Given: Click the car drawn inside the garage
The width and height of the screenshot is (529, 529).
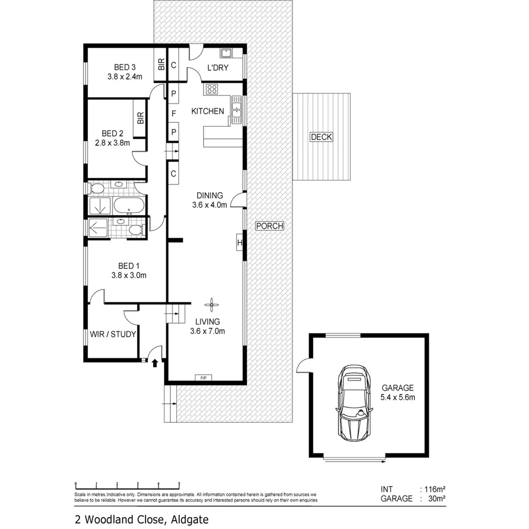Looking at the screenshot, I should pos(353,403).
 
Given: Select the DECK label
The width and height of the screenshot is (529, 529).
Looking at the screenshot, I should pos(321,137).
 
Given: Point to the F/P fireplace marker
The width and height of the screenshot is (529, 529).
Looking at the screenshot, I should pos(203,378).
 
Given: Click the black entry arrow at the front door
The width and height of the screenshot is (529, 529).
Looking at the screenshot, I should pos(155,363).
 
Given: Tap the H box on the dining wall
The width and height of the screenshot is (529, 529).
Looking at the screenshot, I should pos(240,243).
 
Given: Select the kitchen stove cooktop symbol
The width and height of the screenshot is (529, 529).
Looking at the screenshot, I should pos(212,89).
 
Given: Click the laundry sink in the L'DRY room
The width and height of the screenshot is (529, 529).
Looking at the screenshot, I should pos(226,53).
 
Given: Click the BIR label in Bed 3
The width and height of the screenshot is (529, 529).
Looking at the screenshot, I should pos(161,64).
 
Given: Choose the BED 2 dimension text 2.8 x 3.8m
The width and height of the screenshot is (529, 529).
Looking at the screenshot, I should pos(112,143).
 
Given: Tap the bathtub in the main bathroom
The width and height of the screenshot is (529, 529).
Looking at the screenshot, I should pos(129,206).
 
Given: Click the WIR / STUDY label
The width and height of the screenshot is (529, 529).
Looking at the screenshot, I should pos(113,335).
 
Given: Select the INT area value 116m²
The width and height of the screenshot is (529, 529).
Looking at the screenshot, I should pos(435,489).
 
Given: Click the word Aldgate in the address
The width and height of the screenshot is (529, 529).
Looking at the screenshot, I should pos(190,519).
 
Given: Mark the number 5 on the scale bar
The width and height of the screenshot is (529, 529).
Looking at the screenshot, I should pos(179,484).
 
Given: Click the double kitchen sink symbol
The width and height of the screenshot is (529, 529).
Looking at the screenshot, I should pos(237,110).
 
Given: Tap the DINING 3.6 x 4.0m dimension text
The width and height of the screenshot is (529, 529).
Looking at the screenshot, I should pos(210,205).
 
